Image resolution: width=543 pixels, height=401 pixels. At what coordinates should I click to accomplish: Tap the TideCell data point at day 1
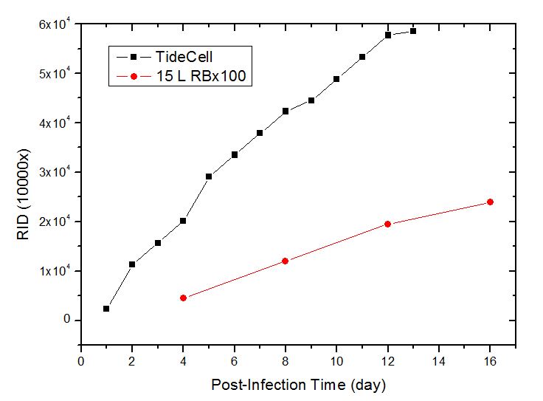(106, 309)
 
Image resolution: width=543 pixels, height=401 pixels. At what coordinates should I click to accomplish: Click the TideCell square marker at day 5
(209, 176)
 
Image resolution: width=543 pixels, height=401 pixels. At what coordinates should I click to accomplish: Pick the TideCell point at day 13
(413, 31)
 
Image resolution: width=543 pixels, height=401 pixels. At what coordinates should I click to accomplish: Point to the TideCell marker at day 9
(311, 100)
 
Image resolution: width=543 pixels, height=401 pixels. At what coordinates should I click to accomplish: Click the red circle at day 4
(183, 298)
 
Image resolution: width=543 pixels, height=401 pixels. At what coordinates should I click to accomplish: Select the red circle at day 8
(285, 261)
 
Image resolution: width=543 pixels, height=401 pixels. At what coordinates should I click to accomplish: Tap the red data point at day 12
(387, 224)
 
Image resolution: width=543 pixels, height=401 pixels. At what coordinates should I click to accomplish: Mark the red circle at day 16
(490, 202)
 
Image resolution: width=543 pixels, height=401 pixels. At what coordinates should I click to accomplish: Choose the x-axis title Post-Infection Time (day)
(298, 385)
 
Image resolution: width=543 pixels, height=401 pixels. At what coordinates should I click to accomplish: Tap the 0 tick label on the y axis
(66, 321)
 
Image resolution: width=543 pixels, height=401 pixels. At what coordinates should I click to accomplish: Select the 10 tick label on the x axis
(336, 362)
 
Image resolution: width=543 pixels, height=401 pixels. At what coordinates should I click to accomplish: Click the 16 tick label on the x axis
(490, 362)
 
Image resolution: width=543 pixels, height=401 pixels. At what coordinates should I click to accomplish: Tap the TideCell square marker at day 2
(132, 264)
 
